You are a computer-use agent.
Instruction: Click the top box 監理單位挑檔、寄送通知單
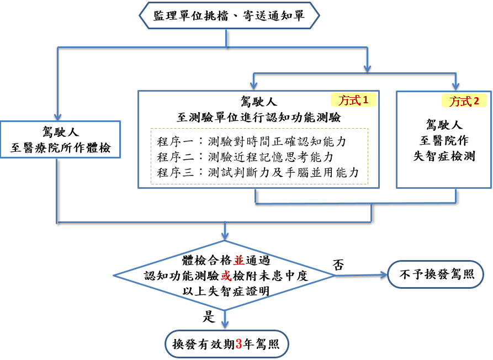(x=229, y=15)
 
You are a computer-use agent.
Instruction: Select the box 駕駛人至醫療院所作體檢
(x=61, y=140)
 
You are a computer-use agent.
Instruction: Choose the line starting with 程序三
(x=258, y=172)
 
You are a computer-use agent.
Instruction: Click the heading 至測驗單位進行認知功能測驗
(x=258, y=117)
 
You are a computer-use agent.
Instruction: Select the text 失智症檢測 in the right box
(x=444, y=156)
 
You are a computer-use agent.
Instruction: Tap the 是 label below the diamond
(x=210, y=316)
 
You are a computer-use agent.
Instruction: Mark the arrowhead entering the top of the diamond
(x=225, y=235)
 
